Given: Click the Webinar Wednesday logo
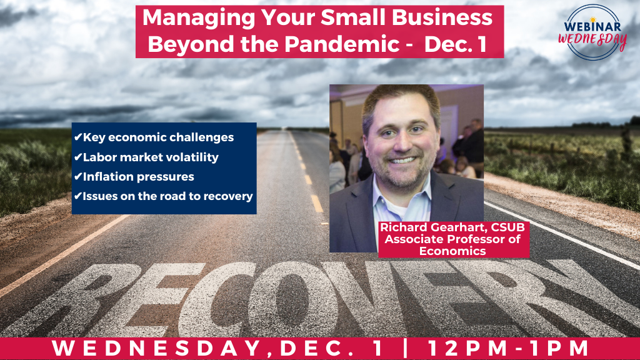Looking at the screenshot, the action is coord(592,32).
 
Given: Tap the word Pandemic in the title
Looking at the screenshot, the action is coord(342,44).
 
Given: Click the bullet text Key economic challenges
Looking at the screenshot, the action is coord(158,137).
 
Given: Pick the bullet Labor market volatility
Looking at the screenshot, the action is coord(151,157).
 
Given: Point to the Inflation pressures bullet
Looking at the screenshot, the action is coord(138,177).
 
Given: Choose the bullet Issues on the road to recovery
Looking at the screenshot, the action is coord(167,196).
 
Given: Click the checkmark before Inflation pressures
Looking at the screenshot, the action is coord(78,177).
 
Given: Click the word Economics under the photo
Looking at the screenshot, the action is coord(452,251).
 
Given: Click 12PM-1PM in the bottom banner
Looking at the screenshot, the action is coord(508,348).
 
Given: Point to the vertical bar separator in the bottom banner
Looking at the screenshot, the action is coord(405,347).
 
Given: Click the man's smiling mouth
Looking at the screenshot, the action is coord(402,160).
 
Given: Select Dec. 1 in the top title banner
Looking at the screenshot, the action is coord(455,44).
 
